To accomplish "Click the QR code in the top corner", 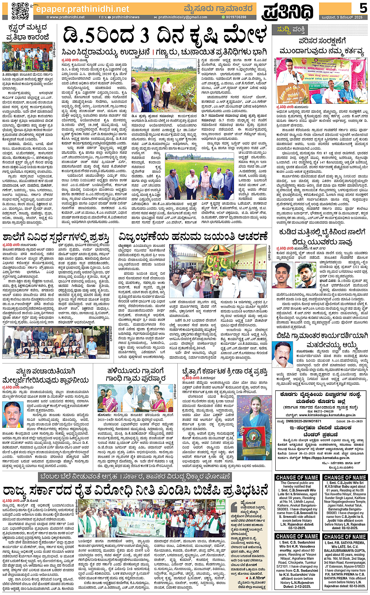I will [x=20, y=11].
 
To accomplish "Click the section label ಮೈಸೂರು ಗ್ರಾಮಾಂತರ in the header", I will [x=224, y=8].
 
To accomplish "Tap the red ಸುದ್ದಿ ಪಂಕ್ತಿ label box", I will [x=291, y=29].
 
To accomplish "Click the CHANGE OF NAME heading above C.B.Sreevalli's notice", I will [x=297, y=477].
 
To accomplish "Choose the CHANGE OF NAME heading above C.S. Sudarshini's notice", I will [x=297, y=536].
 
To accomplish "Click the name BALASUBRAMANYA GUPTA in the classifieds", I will [x=345, y=551].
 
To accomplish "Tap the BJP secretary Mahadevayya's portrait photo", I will [x=283, y=355].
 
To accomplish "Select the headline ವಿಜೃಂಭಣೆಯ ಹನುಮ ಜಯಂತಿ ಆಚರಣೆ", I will [x=193, y=236].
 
